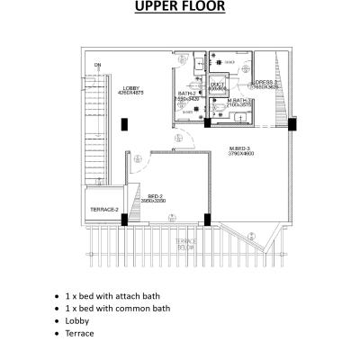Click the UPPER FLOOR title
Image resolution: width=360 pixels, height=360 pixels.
tap(180, 10)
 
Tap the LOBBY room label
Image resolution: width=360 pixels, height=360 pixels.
tap(124, 87)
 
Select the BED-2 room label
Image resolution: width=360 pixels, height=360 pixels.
tap(155, 196)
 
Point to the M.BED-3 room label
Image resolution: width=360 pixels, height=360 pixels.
tap(239, 148)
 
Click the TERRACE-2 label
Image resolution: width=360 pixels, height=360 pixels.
tap(104, 210)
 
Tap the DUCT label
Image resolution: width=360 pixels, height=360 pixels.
tap(217, 84)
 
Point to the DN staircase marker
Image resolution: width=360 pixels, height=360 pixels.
tap(97, 63)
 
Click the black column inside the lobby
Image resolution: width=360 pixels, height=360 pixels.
tap(124, 124)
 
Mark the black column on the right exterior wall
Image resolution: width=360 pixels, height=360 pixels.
tap(292, 124)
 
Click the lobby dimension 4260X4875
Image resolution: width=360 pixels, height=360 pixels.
tap(124, 94)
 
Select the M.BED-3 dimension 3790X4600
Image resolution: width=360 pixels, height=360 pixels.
tap(239, 155)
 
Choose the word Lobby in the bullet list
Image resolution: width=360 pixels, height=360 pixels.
tap(77, 319)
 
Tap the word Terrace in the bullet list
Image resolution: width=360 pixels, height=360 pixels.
tap(79, 332)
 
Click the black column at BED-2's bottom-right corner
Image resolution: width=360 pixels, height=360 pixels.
tap(208, 218)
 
